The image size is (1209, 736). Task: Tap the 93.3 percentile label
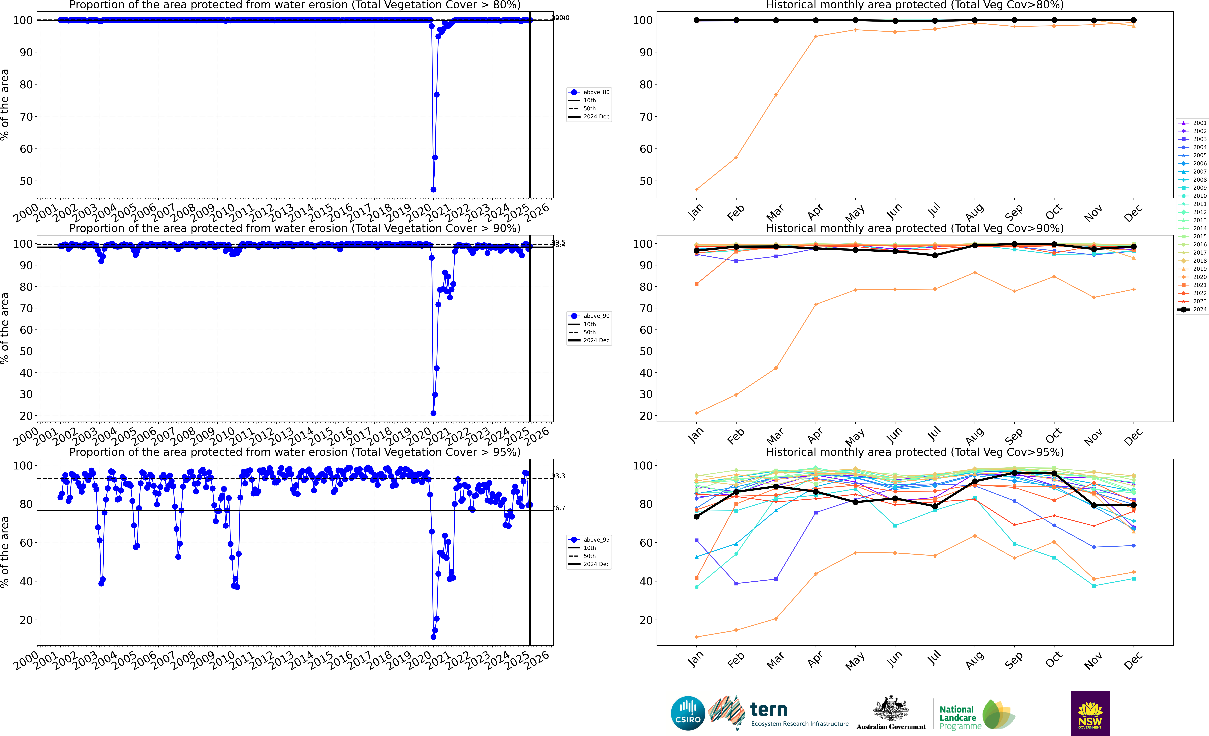[558, 476]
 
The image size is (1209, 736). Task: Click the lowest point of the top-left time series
[433, 189]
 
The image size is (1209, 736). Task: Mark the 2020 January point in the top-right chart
[697, 189]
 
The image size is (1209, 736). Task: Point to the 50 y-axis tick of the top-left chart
[26, 181]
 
